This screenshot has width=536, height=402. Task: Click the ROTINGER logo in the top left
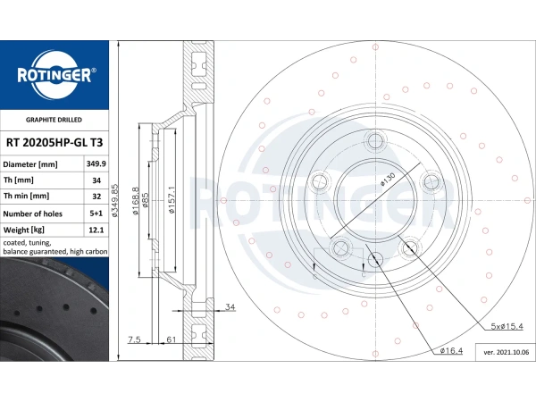coord(54,75)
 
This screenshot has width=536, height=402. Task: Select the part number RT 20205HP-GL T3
coord(54,142)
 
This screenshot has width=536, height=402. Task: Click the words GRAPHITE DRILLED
coord(54,119)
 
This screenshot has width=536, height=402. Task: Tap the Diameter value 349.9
coord(96,164)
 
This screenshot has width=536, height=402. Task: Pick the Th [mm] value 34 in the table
coord(96,180)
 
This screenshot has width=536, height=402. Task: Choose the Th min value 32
coord(96,197)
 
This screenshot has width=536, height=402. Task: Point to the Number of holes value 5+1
coord(96,214)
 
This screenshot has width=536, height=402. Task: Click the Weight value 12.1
coord(96,230)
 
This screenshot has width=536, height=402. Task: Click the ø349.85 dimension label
coord(115,201)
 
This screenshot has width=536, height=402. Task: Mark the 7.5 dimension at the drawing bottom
coord(134,340)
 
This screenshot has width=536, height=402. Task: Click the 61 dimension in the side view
coord(169,340)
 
